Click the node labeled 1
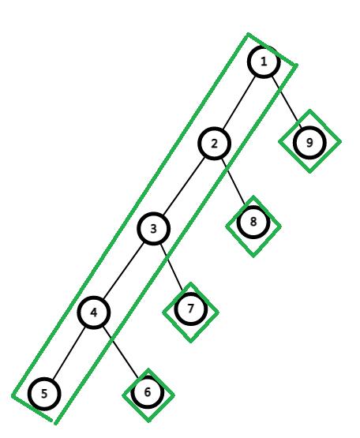coord(264,62)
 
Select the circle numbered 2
coord(215,144)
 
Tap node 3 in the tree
coord(153,229)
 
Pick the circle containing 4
coord(94,313)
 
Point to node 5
coord(44,394)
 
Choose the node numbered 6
coord(148,392)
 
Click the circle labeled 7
coord(190,309)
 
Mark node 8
coord(253,222)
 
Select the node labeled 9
coord(309,143)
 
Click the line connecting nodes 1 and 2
coord(239,103)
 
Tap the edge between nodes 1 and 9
coord(287,102)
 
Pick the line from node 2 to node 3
coord(184,186)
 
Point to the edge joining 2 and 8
coord(234,182)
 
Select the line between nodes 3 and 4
coord(123,271)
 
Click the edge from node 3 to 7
coord(172,268)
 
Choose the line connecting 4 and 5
coord(69,353)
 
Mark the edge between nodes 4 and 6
coord(121,352)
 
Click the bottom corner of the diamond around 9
coord(310,172)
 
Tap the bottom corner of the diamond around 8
coord(253,256)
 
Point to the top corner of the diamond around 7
coord(190,283)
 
